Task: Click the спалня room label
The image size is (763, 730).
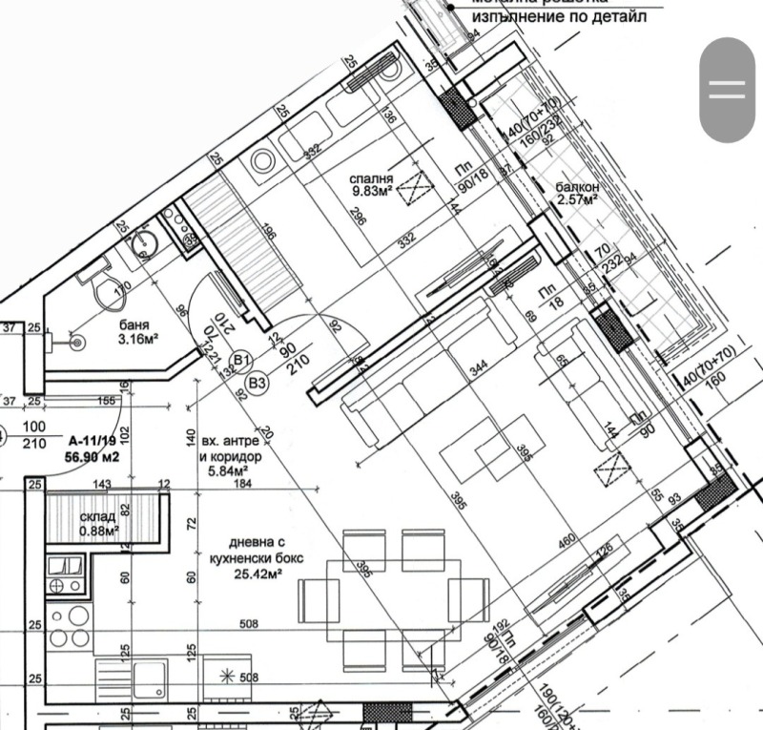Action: coord(371,177)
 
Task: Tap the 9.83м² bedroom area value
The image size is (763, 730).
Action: coord(371,191)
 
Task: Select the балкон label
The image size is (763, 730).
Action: coord(576,187)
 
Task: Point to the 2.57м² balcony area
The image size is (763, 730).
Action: coord(576,200)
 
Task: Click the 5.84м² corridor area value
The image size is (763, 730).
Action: coord(224,469)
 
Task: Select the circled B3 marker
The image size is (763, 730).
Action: coord(256,384)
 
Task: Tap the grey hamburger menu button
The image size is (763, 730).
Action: coord(727,90)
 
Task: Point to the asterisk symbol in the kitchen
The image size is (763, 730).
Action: coord(226,678)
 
